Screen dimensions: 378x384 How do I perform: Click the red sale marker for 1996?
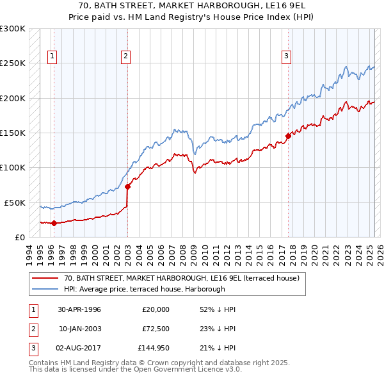(x=54, y=223)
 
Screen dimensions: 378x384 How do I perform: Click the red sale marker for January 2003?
(x=127, y=186)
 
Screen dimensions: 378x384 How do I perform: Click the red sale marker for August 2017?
(x=288, y=135)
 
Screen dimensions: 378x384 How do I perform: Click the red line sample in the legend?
(x=45, y=279)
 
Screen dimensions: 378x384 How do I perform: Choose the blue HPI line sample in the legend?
(x=45, y=289)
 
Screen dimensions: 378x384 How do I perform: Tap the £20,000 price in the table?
(x=156, y=309)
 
